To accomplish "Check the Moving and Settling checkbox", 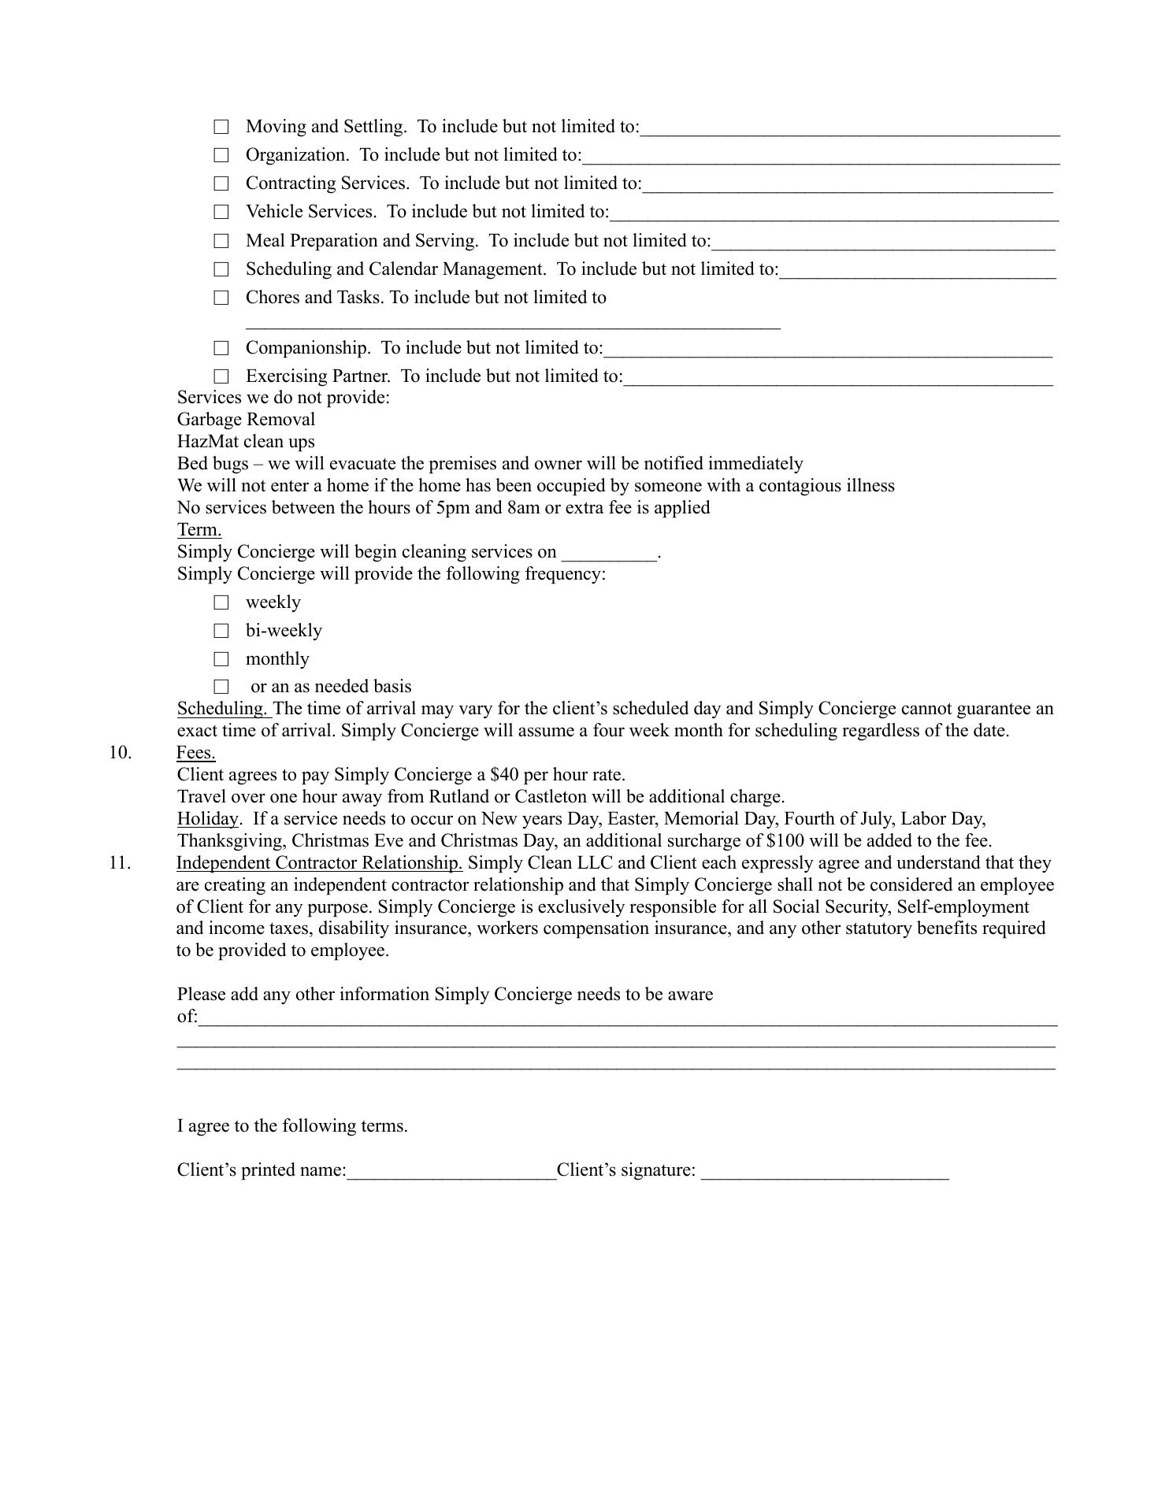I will point(221,127).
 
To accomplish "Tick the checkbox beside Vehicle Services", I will point(221,212).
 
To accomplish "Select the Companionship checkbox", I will point(221,348).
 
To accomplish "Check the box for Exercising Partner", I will point(221,376).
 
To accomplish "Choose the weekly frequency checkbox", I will point(221,602).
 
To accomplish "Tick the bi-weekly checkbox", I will point(221,631).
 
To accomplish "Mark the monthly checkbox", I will point(221,659).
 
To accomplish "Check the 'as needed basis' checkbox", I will point(221,687).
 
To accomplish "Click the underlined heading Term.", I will point(199,530).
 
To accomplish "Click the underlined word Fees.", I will point(196,753).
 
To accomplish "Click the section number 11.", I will point(120,863).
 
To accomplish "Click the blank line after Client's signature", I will point(825,1172).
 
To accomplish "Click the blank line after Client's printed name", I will point(451,1172).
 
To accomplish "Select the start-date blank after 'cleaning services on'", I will point(609,554).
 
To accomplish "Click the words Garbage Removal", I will point(246,420).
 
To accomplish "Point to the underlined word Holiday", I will point(207,819).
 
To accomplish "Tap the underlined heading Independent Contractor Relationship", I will point(319,863).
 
